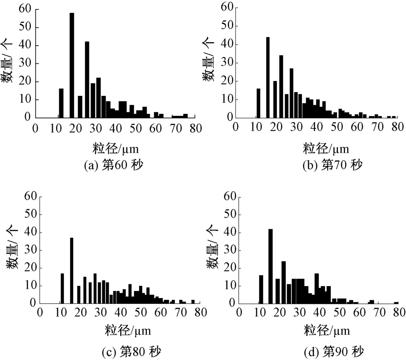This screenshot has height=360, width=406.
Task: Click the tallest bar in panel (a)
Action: click(72, 65)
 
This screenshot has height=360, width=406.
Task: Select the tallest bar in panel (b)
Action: click(268, 77)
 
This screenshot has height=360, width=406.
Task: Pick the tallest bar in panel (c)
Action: click(71, 270)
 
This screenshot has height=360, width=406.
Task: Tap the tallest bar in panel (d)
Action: click(270, 266)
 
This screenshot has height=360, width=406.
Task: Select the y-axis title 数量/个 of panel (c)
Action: click(13, 250)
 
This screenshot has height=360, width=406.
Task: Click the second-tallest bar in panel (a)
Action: click(87, 79)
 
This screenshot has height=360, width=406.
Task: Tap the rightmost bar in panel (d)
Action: click(396, 303)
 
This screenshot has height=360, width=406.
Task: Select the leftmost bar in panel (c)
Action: click(62, 288)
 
